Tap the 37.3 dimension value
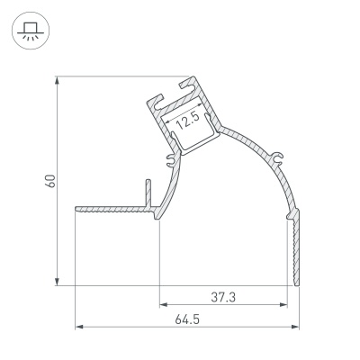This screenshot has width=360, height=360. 227,297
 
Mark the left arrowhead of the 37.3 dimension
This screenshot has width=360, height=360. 163,305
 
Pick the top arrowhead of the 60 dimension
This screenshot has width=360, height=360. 58,78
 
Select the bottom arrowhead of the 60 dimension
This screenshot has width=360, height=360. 58,281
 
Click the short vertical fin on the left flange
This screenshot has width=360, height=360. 144,191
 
